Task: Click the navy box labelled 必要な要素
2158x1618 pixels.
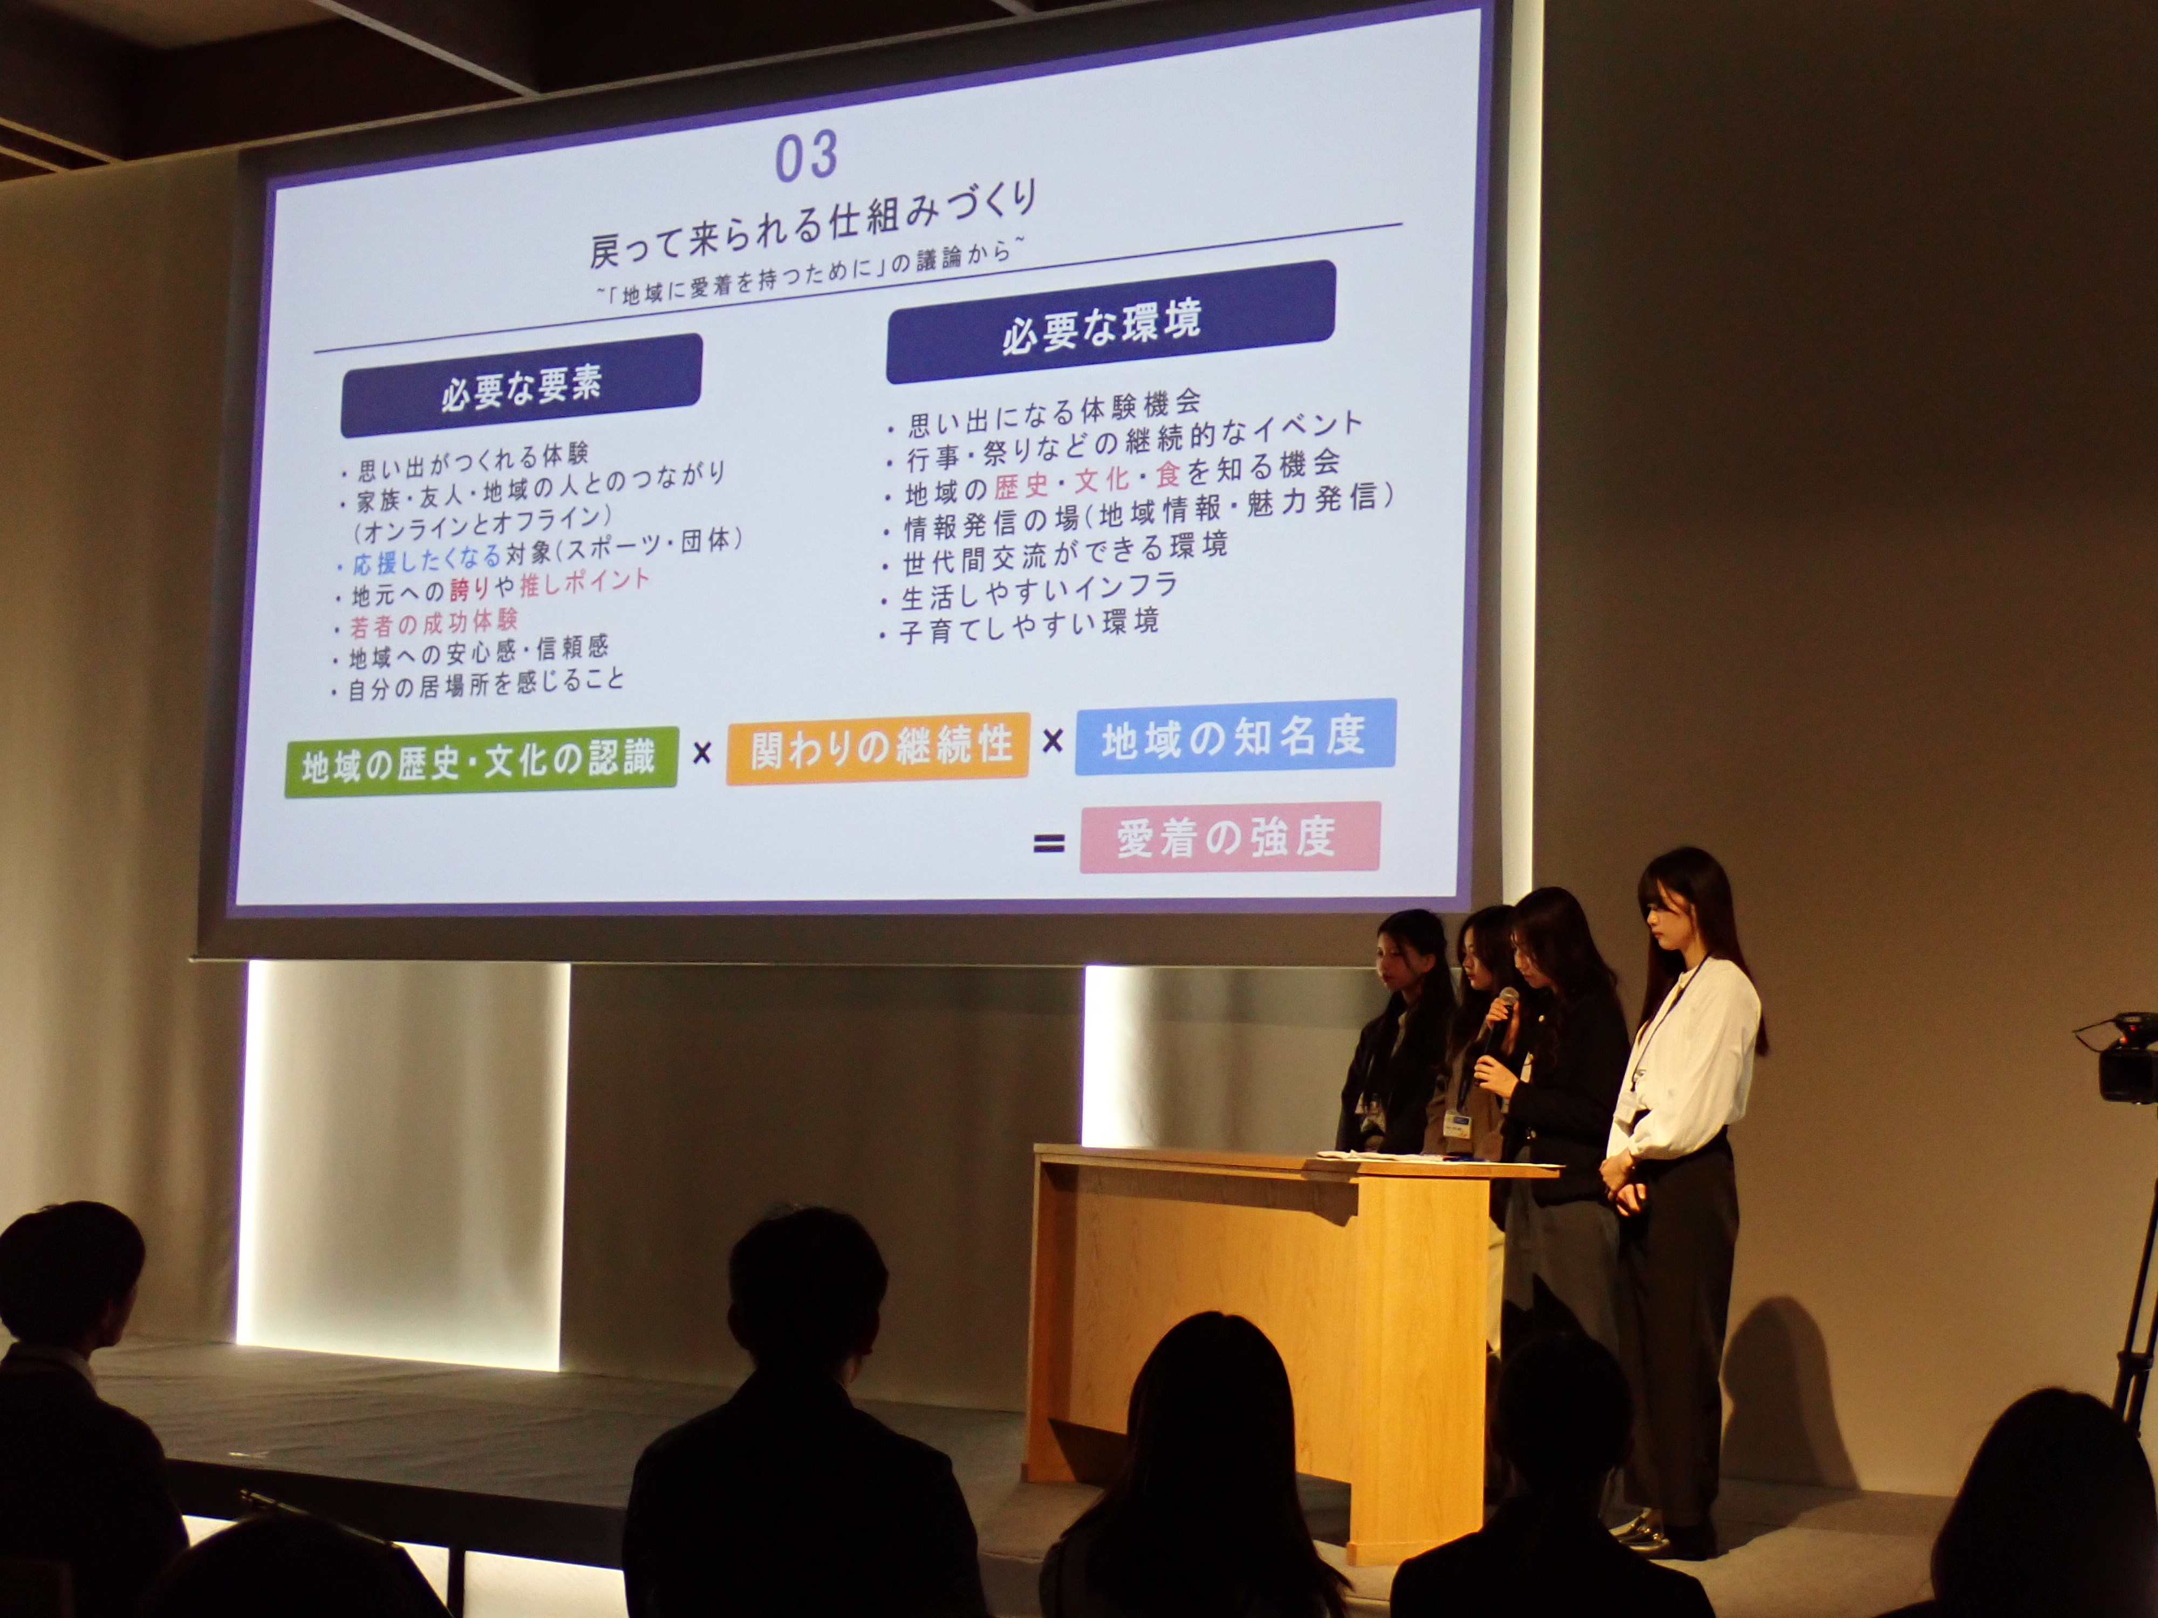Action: [521, 385]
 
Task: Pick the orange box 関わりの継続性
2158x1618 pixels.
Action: [878, 748]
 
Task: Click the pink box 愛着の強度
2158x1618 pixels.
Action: [1229, 837]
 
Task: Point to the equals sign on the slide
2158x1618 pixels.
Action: [1049, 844]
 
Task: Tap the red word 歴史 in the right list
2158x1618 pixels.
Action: [1021, 484]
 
